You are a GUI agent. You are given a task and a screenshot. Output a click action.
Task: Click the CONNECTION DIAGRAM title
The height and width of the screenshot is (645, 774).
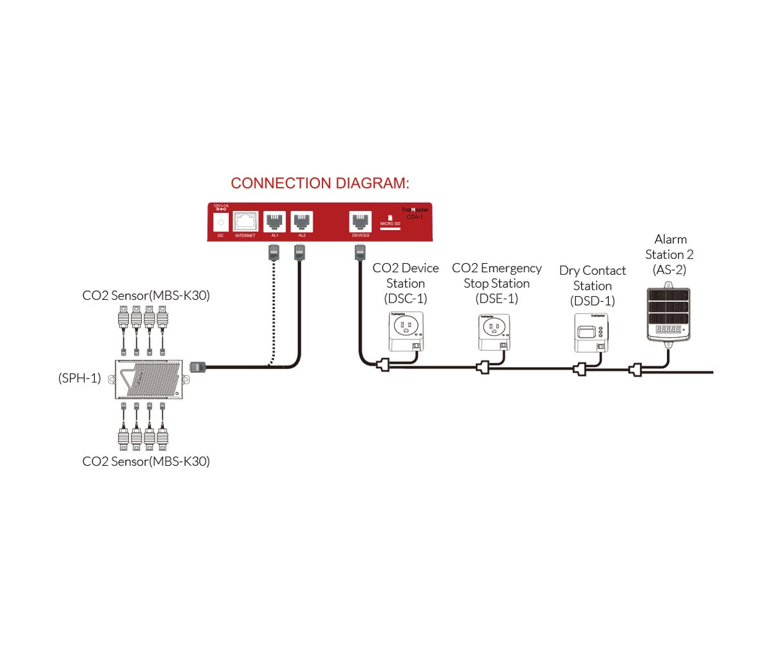[x=320, y=183]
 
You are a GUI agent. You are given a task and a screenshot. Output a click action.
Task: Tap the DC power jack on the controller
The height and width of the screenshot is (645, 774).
[x=221, y=222]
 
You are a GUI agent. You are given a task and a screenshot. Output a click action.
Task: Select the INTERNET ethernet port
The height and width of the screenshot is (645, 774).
[x=245, y=223]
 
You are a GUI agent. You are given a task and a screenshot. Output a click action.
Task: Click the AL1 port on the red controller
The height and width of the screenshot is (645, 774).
[x=275, y=223]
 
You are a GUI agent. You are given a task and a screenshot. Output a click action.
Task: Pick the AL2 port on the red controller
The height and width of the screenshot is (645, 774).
[x=301, y=223]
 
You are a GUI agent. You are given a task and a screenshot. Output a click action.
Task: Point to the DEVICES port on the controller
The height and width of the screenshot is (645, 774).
[x=360, y=223]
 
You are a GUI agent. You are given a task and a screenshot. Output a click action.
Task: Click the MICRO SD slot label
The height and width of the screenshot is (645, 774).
[x=391, y=223]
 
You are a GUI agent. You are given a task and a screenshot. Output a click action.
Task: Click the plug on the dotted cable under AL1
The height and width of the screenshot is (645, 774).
[x=272, y=252]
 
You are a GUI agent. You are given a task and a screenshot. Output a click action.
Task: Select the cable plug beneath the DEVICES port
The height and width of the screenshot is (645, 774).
[x=359, y=252]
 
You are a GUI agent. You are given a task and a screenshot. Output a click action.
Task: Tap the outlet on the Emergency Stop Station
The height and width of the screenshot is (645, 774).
[x=493, y=328]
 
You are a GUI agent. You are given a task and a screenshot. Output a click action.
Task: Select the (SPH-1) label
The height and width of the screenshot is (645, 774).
[x=79, y=378]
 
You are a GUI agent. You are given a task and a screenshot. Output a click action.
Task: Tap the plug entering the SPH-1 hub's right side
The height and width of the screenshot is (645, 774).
[x=197, y=368]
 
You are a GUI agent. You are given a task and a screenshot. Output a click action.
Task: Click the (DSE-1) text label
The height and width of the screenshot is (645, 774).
[x=497, y=299]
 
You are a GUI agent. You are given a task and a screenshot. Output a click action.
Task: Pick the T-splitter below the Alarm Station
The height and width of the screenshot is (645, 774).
[x=637, y=370]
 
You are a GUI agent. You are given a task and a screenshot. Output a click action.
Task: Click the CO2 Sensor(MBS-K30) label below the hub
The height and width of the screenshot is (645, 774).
[x=146, y=462]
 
